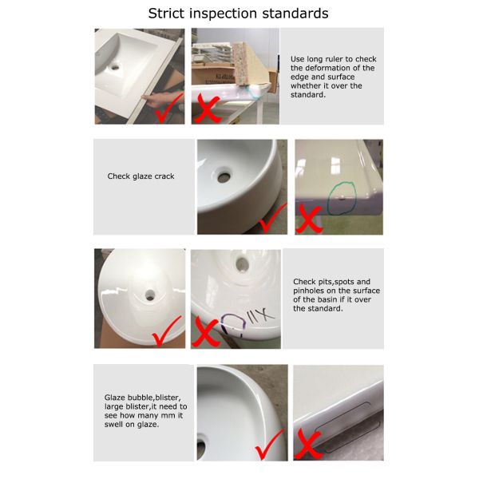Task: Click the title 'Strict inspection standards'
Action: tap(238, 14)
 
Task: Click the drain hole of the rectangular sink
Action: tap(116, 67)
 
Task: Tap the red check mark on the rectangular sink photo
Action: tap(169, 108)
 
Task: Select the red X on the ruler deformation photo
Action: tap(207, 109)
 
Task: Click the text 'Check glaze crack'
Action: tap(141, 176)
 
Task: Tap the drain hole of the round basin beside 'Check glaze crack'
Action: tap(224, 176)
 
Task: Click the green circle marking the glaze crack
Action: tap(342, 199)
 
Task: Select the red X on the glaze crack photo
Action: tap(309, 219)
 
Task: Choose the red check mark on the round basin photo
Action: tap(272, 218)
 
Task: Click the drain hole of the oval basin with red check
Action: tap(150, 295)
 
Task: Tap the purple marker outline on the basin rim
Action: tap(233, 325)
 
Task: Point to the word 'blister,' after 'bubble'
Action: tap(168, 398)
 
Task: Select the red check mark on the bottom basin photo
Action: tap(270, 445)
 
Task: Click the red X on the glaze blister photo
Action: tap(308, 444)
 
